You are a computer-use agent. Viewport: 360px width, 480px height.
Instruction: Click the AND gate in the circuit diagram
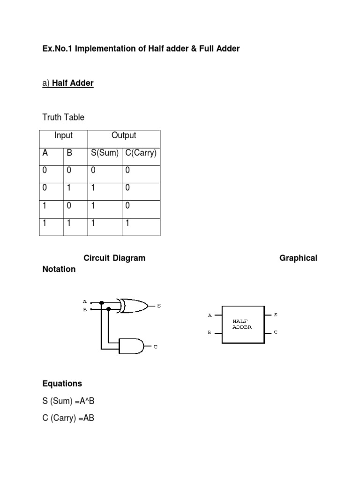tap(132, 345)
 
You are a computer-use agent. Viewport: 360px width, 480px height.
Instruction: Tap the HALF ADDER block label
tap(242, 324)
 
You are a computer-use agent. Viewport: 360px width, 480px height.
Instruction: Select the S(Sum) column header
tap(105, 153)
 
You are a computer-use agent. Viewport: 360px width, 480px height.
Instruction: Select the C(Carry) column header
tap(141, 153)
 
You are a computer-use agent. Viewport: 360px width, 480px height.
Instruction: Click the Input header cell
tap(63, 135)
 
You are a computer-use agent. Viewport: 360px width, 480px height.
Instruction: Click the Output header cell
tap(124, 135)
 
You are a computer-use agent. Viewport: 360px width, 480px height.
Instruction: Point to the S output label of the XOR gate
tap(159, 306)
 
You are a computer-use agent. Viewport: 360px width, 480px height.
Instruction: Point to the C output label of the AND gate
tap(156, 347)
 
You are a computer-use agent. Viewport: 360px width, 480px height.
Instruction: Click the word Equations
tap(62, 383)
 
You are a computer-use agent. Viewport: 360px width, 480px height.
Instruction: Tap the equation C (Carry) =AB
tap(68, 418)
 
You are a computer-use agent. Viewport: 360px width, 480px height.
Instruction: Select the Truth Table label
tap(63, 117)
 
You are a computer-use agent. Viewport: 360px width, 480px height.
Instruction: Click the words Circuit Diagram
tap(114, 258)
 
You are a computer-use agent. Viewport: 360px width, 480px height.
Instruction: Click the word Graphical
tap(298, 258)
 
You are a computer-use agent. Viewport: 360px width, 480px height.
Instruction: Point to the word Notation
tap(59, 269)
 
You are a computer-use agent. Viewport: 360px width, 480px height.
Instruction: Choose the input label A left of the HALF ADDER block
tap(210, 315)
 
